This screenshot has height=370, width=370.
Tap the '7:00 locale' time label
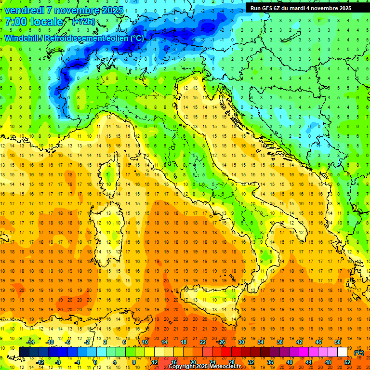coord(34,22)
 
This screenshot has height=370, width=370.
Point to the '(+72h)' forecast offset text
coord(83,22)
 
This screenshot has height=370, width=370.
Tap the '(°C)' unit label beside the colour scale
coord(359,353)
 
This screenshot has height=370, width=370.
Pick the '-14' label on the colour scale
coord(30,342)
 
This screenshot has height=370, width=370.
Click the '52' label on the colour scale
coord(347,362)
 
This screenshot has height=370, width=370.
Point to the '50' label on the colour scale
coord(337,342)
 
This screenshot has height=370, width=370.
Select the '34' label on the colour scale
coord(260,342)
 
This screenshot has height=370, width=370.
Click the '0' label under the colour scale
coord(95,362)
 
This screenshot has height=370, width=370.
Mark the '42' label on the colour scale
coord(299,342)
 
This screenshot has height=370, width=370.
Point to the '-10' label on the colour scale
coord(49,342)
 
